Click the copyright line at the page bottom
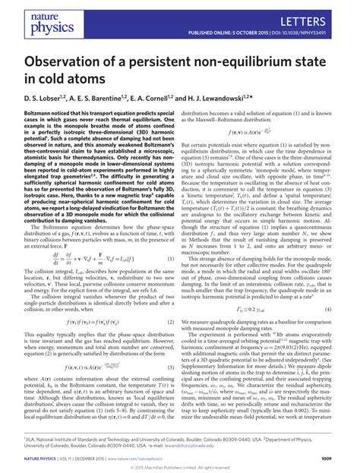pos(180,468)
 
